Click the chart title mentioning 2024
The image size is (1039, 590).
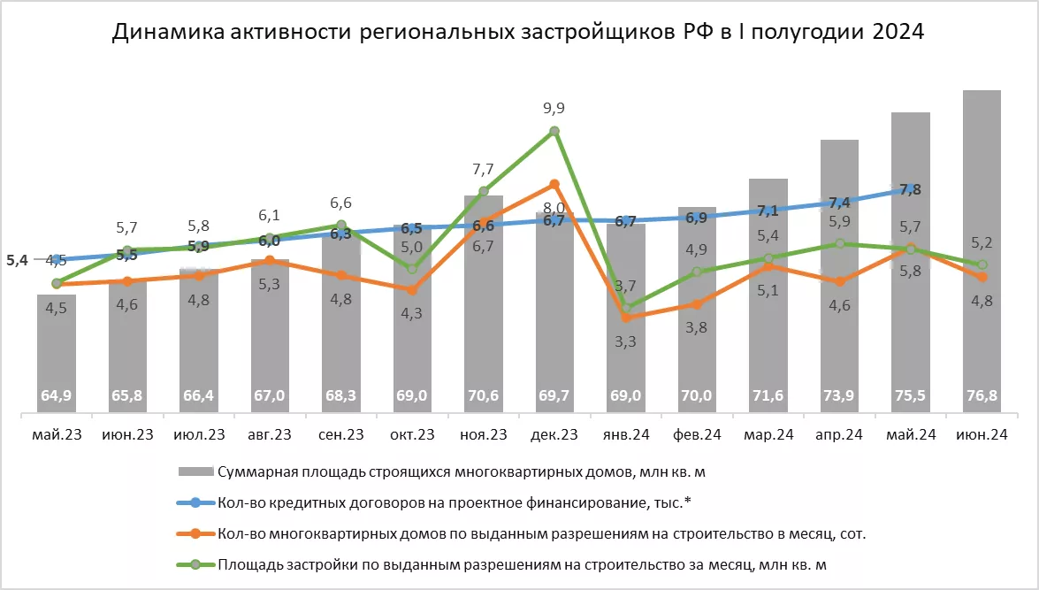[518, 33]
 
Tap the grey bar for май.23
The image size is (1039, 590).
[56, 354]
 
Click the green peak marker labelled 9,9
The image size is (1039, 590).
[554, 131]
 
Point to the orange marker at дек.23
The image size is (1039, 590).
[554, 184]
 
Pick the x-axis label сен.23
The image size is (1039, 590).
[340, 434]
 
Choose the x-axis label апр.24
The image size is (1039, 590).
[839, 434]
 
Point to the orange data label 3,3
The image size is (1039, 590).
[625, 341]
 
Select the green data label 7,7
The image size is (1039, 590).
[483, 168]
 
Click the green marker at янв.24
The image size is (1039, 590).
[626, 308]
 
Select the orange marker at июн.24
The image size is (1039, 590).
[982, 278]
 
